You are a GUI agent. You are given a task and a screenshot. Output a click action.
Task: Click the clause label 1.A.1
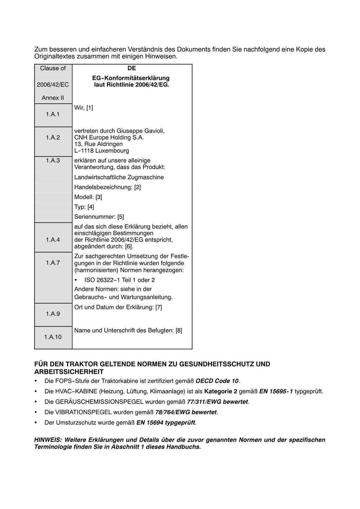click(x=53, y=114)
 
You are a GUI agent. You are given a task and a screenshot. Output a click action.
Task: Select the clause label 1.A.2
click(x=53, y=137)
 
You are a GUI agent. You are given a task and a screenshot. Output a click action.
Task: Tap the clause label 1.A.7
click(x=53, y=263)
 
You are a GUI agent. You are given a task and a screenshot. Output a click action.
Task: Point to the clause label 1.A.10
click(x=53, y=337)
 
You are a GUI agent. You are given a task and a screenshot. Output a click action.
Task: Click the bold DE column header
click(x=131, y=68)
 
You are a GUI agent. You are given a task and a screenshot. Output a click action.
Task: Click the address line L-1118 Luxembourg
click(x=102, y=151)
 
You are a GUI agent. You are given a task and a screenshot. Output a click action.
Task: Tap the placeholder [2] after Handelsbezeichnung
click(x=137, y=187)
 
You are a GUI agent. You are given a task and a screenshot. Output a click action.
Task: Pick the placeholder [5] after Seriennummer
click(x=121, y=217)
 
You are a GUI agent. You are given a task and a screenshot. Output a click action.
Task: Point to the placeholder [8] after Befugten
click(x=179, y=330)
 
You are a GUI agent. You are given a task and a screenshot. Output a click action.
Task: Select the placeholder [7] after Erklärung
click(x=159, y=307)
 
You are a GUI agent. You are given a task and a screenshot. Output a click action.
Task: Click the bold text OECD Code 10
click(x=217, y=381)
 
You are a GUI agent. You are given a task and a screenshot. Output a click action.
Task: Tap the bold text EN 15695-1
click(x=276, y=391)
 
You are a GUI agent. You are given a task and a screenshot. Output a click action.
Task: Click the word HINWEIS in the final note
click(x=48, y=440)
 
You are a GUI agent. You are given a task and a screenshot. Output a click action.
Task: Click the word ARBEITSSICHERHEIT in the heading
click(x=69, y=372)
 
